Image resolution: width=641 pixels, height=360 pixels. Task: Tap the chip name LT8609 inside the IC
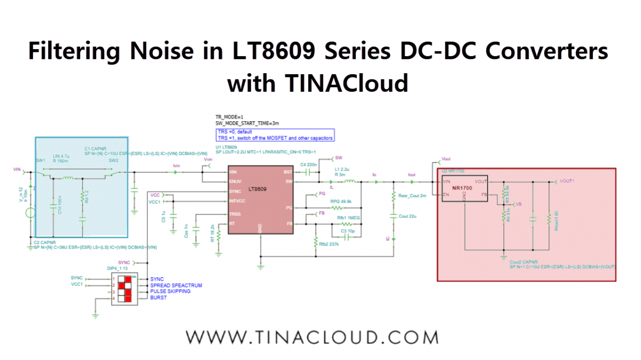coord(257,189)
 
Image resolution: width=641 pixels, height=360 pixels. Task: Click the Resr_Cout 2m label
coord(412,196)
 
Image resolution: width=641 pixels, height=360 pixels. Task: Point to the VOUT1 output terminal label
coord(567,181)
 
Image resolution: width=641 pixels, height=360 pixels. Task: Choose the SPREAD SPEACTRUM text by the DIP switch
coord(176,286)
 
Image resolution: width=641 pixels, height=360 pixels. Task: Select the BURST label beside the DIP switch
coord(158,298)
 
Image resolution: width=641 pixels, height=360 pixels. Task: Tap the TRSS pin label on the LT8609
coord(234,214)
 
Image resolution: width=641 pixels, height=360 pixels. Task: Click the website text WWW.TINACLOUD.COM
coord(312,338)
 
